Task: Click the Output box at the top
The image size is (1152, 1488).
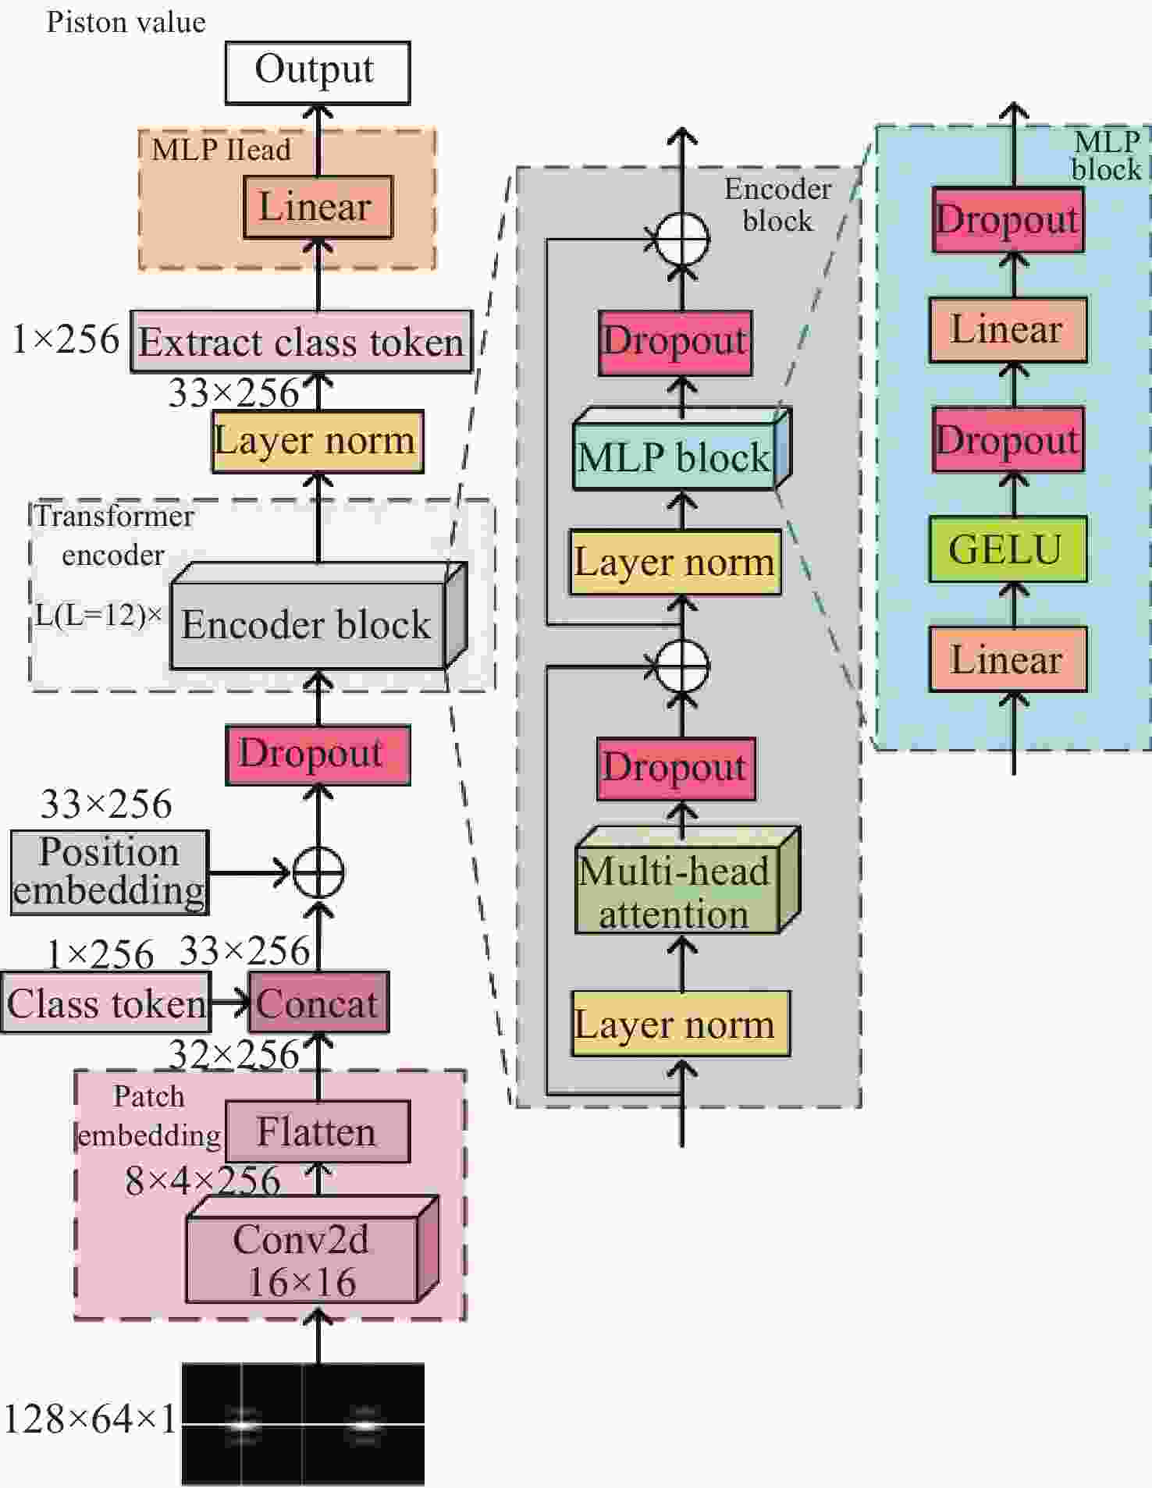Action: click(318, 73)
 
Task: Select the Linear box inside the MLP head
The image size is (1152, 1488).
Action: click(318, 208)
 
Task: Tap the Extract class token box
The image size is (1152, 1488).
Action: click(301, 342)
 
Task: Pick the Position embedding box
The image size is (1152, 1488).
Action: click(110, 872)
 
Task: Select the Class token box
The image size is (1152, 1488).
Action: click(106, 1003)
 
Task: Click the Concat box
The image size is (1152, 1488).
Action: click(318, 1003)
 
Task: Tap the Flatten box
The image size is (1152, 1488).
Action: click(318, 1131)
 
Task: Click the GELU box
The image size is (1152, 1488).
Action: click(1007, 549)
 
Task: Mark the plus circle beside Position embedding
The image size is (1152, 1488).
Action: click(318, 872)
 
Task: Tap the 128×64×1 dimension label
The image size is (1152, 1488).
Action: click(90, 1419)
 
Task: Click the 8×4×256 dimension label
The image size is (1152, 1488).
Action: click(202, 1181)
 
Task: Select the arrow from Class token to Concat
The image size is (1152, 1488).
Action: click(229, 1003)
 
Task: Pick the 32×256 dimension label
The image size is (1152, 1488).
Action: click(234, 1055)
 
